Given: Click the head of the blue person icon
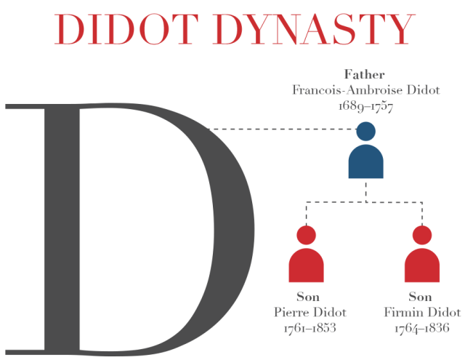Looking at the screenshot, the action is point(365,132).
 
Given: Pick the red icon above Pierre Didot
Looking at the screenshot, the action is point(307,262).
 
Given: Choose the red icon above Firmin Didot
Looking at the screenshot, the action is point(422,262).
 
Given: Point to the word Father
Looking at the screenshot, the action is point(365,75).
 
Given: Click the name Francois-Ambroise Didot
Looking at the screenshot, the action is point(365,89).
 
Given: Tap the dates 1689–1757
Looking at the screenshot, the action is point(365,105).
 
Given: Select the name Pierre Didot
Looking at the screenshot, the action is point(310,313).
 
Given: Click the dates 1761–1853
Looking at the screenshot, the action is point(310,329).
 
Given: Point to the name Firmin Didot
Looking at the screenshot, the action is point(422,313).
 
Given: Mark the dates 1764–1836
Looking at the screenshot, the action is point(422,329).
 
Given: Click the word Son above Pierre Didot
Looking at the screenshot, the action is point(308,297).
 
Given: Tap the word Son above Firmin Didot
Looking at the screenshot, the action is point(421,297).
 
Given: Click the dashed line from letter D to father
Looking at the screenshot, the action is point(283,129).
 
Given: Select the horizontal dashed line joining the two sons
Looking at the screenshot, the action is point(365,204).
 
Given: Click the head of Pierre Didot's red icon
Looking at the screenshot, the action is point(307,236).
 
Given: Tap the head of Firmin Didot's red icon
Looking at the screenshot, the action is point(422,236).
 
